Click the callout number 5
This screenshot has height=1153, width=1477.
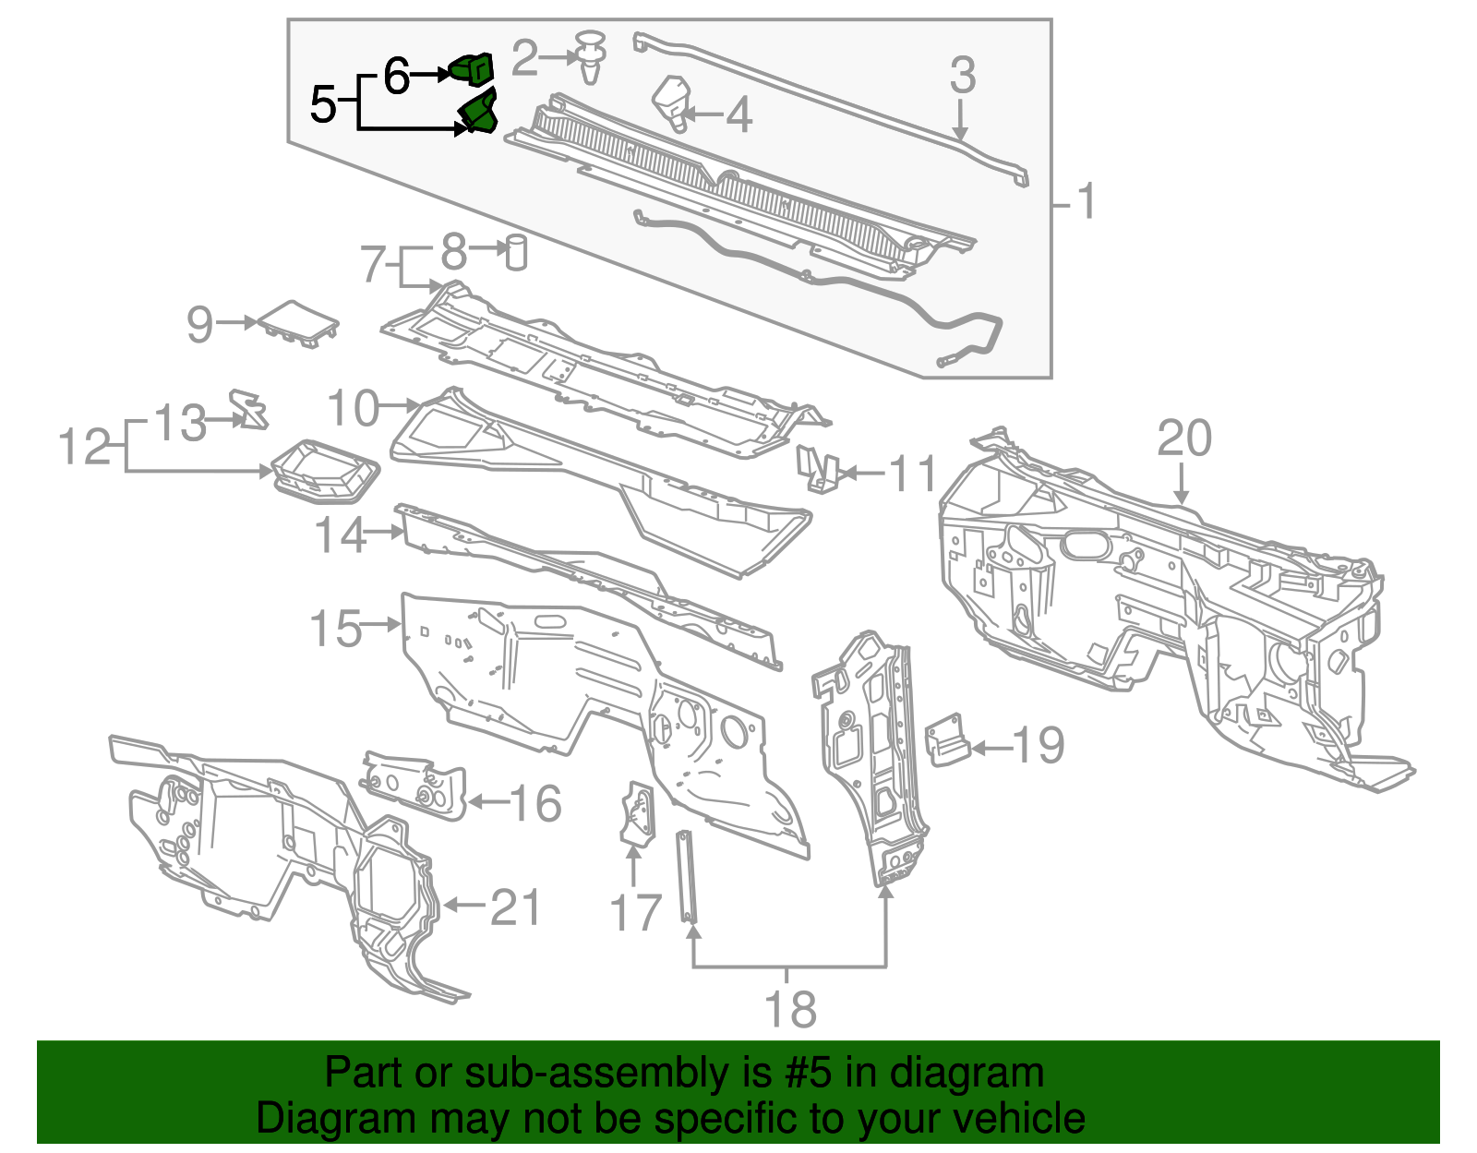323,103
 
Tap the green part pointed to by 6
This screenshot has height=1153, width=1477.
472,69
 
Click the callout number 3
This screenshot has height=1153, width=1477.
962,75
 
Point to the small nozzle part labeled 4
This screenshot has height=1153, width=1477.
673,103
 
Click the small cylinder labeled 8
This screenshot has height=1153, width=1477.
516,252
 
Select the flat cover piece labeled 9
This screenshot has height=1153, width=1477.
298,322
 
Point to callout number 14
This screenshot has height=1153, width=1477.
341,534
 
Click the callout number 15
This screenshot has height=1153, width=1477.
335,629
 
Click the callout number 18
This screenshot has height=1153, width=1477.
791,1009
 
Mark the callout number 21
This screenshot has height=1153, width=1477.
514,907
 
